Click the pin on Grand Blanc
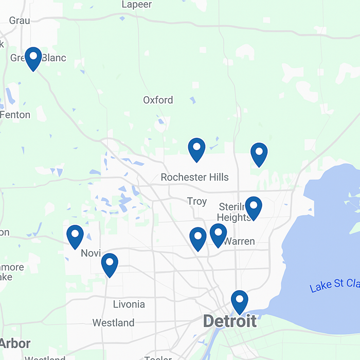33,58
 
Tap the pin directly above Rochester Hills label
196,149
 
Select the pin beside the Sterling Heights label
253,207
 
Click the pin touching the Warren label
218,235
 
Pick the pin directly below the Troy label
197,238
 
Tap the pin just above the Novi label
75,236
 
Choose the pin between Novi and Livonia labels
110,264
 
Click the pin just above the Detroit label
239,301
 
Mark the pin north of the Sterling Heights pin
259,154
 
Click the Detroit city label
229,321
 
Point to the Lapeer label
137,5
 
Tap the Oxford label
158,100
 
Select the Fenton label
15,115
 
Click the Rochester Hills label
194,177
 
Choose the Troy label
197,201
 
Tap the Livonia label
129,304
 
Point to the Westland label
113,323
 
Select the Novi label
91,253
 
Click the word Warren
239,241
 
